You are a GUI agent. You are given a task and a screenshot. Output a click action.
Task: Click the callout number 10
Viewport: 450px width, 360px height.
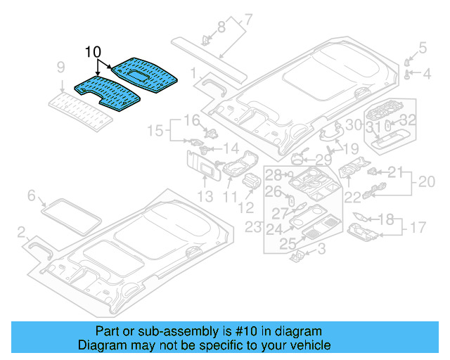pos(93,52)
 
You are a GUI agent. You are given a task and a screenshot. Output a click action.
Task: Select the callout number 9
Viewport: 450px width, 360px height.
pos(61,67)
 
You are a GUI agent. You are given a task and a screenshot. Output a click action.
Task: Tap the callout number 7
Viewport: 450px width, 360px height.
pos(247,19)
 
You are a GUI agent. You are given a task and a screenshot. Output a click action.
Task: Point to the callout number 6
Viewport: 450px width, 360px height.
pos(31,195)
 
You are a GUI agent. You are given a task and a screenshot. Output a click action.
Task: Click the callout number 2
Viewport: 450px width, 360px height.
pos(21,231)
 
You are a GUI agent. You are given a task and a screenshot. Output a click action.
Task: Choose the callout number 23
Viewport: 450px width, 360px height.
pos(252,226)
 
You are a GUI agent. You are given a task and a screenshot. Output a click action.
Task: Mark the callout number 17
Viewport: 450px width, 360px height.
pos(418,227)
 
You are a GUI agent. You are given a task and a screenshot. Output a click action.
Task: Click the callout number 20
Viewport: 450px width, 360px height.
pos(426,181)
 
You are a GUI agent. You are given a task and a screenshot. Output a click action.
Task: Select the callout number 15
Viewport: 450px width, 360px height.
pos(155,130)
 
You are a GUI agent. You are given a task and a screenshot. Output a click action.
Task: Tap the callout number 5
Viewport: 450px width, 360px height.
pos(423,48)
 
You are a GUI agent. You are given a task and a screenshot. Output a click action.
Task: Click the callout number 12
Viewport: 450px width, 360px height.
pos(245,207)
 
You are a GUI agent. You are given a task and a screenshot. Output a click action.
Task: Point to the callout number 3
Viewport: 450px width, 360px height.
pos(321,249)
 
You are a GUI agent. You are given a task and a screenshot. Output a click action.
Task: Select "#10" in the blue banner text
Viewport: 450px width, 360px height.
pos(238,331)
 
